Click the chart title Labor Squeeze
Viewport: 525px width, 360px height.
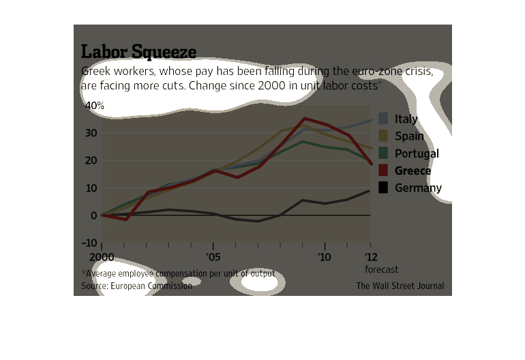tap(138, 52)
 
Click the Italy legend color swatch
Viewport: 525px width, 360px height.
tap(384, 119)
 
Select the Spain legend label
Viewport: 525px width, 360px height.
tap(409, 136)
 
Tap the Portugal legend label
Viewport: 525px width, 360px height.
tap(417, 153)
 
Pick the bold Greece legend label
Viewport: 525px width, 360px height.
tap(412, 170)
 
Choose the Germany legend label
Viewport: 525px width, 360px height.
tap(418, 188)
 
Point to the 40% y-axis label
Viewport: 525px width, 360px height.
tap(94, 106)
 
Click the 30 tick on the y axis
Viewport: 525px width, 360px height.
tap(91, 133)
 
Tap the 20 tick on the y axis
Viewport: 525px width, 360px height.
tap(91, 160)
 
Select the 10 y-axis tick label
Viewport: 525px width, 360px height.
tap(91, 188)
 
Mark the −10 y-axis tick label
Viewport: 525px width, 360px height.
tap(89, 243)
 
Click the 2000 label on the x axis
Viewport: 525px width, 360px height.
tap(101, 257)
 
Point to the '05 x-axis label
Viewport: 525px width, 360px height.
tap(213, 257)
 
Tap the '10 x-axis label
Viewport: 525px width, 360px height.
tap(325, 257)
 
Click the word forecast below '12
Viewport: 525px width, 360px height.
tap(381, 269)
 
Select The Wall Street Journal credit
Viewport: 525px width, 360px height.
tap(400, 286)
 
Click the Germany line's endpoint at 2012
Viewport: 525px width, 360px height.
tap(370, 191)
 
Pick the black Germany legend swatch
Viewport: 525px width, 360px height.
tap(384, 188)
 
